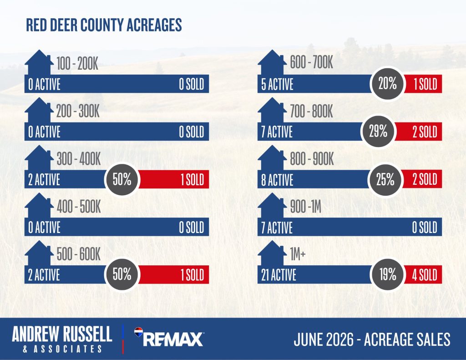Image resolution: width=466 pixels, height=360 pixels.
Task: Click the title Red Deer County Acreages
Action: (104, 25)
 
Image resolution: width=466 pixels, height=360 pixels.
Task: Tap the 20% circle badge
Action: (388, 84)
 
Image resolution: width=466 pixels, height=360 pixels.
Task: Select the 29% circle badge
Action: (378, 131)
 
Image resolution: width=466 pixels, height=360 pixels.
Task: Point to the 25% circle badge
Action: (385, 179)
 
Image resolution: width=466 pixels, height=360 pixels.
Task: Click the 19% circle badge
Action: (388, 274)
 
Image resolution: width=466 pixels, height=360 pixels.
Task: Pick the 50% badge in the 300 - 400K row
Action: (122, 179)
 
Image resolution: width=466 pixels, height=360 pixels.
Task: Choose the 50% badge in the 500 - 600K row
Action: (122, 274)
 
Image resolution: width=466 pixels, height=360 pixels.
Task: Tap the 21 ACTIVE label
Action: (279, 275)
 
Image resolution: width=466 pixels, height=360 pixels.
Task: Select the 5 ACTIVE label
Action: (277, 84)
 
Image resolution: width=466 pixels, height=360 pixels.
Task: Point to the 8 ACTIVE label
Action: (277, 180)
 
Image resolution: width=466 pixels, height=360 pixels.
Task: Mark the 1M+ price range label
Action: (298, 254)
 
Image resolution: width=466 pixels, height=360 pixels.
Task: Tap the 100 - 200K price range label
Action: (77, 63)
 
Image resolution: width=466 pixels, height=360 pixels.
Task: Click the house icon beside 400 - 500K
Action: (39, 205)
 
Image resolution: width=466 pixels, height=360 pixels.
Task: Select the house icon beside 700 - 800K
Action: (272, 110)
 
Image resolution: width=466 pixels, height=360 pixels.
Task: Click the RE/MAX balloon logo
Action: (138, 332)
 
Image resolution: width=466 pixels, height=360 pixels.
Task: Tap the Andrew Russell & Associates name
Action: (62, 339)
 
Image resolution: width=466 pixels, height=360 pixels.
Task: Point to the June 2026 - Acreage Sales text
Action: (372, 340)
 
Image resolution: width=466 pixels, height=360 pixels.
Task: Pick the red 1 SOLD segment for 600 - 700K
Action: (423, 84)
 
